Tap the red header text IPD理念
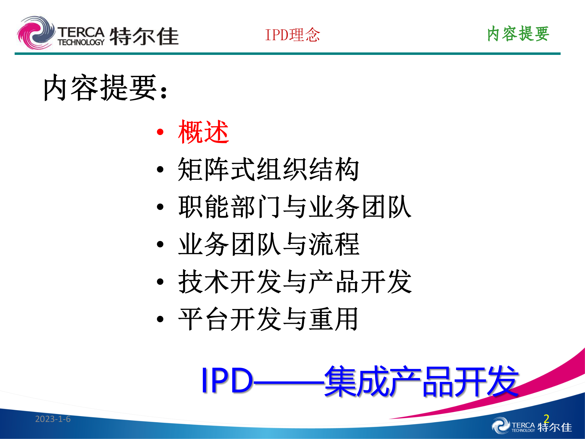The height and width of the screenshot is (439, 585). tap(292, 35)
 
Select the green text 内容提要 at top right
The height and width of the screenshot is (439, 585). tap(518, 34)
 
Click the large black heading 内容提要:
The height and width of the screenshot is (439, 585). tap(105, 88)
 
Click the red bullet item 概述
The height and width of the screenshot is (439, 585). tap(204, 132)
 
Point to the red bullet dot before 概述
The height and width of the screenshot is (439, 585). tap(160, 132)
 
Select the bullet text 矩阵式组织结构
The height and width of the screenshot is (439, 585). tap(268, 169)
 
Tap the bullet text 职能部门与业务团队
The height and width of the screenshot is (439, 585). tap(295, 207)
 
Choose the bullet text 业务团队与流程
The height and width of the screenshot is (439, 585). tap(269, 244)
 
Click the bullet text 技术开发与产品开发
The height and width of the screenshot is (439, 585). tap(295, 282)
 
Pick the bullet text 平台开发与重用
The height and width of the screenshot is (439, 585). tap(268, 319)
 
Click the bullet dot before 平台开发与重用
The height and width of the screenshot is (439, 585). tap(160, 319)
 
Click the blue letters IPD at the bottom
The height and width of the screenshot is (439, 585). tap(227, 380)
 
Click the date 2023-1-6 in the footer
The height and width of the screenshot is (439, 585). tap(53, 419)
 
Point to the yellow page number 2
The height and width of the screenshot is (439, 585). tap(546, 418)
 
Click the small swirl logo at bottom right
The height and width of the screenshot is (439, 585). tap(501, 426)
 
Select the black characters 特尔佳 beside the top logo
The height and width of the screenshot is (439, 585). tap(144, 36)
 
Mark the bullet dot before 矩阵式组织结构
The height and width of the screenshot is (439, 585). tap(160, 170)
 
